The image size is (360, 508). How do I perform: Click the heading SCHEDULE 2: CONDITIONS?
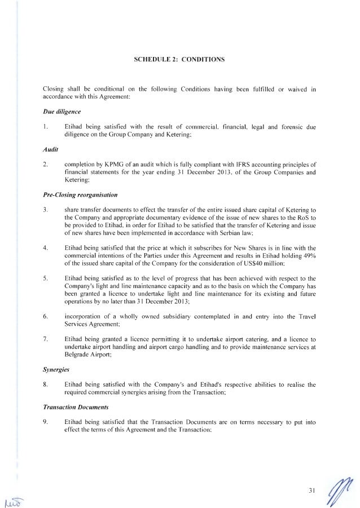pos(179,59)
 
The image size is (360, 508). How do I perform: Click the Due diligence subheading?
pos(58,112)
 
